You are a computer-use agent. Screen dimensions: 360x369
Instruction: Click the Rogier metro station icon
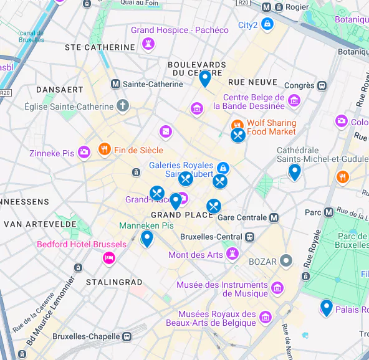pyautogui.click(x=266, y=8)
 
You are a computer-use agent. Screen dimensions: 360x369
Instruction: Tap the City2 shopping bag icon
pyautogui.click(x=267, y=25)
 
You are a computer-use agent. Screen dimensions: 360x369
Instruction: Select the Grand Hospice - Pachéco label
pyautogui.click(x=180, y=30)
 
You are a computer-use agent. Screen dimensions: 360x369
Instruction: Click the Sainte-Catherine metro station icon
pyautogui.click(x=115, y=84)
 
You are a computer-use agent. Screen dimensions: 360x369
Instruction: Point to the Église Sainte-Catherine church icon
pyautogui.click(x=122, y=106)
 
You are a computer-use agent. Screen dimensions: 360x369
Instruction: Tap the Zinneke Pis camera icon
pyautogui.click(x=84, y=153)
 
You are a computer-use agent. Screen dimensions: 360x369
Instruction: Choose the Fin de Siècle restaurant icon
pyautogui.click(x=104, y=149)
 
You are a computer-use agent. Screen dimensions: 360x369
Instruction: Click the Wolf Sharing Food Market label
pyautogui.click(x=271, y=127)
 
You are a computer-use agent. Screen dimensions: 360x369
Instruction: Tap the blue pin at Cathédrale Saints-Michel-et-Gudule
pyautogui.click(x=295, y=171)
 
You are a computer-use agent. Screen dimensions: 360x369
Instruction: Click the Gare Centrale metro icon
pyautogui.click(x=273, y=217)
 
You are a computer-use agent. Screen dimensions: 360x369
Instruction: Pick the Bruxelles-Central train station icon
pyautogui.click(x=249, y=237)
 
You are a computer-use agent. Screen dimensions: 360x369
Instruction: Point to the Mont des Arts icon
pyautogui.click(x=232, y=254)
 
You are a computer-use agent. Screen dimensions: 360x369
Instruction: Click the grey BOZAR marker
pyautogui.click(x=286, y=261)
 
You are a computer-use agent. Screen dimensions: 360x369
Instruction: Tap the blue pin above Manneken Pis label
pyautogui.click(x=147, y=238)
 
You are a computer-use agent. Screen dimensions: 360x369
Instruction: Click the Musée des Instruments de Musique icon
pyautogui.click(x=277, y=288)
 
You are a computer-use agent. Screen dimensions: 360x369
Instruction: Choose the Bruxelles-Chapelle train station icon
pyautogui.click(x=127, y=336)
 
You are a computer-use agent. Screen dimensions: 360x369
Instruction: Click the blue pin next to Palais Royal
pyautogui.click(x=326, y=307)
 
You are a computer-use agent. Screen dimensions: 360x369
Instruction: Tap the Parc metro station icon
pyautogui.click(x=329, y=212)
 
